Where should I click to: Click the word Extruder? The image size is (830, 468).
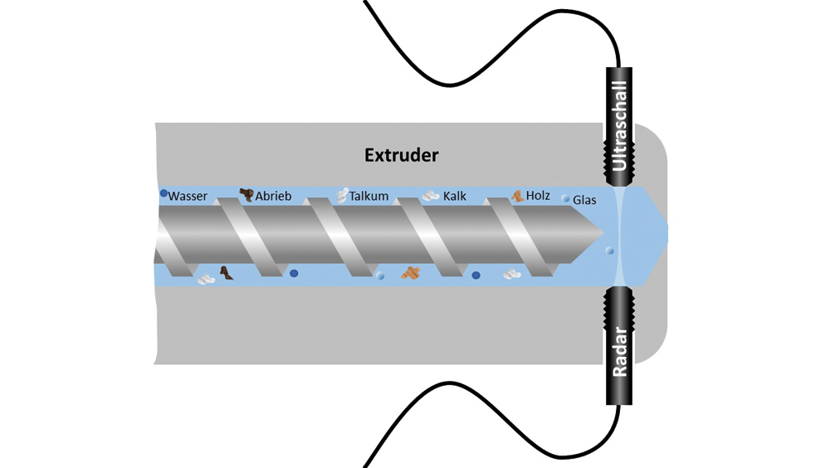402,154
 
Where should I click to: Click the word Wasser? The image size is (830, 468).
188,197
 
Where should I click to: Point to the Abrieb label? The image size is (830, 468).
272,197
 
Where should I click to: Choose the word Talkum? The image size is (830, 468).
369,197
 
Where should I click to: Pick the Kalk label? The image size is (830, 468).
455,197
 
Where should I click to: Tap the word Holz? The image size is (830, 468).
538,197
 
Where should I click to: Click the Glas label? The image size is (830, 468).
584,200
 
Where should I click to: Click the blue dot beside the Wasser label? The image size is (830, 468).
164,193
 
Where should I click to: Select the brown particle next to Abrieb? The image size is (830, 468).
246,195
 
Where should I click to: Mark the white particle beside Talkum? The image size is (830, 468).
340,196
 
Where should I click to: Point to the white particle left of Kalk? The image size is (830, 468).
430,197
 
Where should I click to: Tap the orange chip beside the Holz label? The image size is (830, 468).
517,197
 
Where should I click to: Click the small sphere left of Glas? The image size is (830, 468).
565,199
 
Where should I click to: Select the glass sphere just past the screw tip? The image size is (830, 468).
610,250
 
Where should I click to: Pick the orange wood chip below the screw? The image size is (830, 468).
411,272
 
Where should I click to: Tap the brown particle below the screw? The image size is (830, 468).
226,272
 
